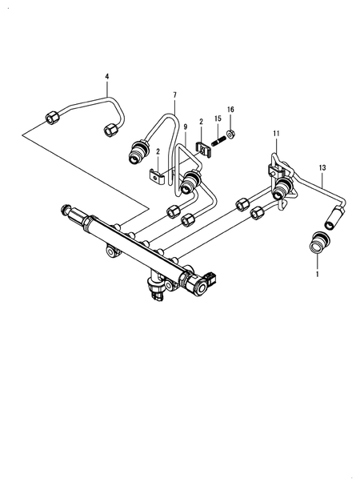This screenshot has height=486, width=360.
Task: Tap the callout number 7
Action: point(174,95)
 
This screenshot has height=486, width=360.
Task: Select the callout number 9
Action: point(186,127)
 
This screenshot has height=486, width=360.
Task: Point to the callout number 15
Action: point(218,119)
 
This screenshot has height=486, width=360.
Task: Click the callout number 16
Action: point(230,109)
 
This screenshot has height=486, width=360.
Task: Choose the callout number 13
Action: point(322,167)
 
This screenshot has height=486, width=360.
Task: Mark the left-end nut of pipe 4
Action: point(50,118)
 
